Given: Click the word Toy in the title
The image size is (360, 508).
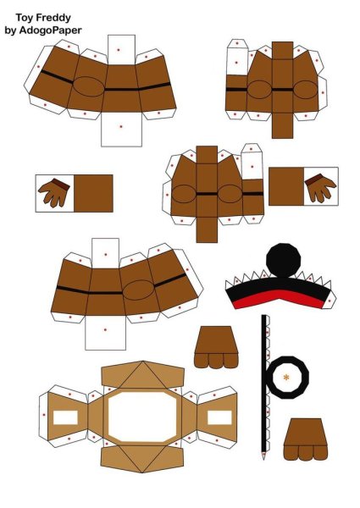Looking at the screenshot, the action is (24, 18).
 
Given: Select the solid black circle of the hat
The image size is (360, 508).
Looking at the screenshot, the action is (283, 260).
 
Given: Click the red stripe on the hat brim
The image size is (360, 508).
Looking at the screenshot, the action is (279, 299).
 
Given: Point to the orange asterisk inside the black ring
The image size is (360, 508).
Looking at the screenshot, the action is (286, 377).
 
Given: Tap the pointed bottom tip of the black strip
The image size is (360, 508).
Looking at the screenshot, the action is (263, 459).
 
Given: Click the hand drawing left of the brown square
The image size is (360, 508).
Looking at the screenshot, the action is (54, 193).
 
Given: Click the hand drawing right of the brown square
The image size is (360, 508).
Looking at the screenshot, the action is (320, 188).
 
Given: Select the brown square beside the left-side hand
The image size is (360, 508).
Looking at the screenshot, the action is (93, 193).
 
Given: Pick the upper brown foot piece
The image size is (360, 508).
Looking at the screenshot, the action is (216, 347).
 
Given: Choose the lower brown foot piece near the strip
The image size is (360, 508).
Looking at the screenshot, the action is (306, 439).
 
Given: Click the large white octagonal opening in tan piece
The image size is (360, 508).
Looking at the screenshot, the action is (142, 417).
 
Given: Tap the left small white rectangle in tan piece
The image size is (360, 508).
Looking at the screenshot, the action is (65, 417).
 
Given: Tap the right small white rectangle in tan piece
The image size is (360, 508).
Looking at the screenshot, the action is (219, 417).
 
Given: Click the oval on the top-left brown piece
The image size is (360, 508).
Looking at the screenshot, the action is (88, 86).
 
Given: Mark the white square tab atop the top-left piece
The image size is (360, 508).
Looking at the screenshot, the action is (121, 50).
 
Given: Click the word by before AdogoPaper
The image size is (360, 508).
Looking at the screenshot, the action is (10, 30).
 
